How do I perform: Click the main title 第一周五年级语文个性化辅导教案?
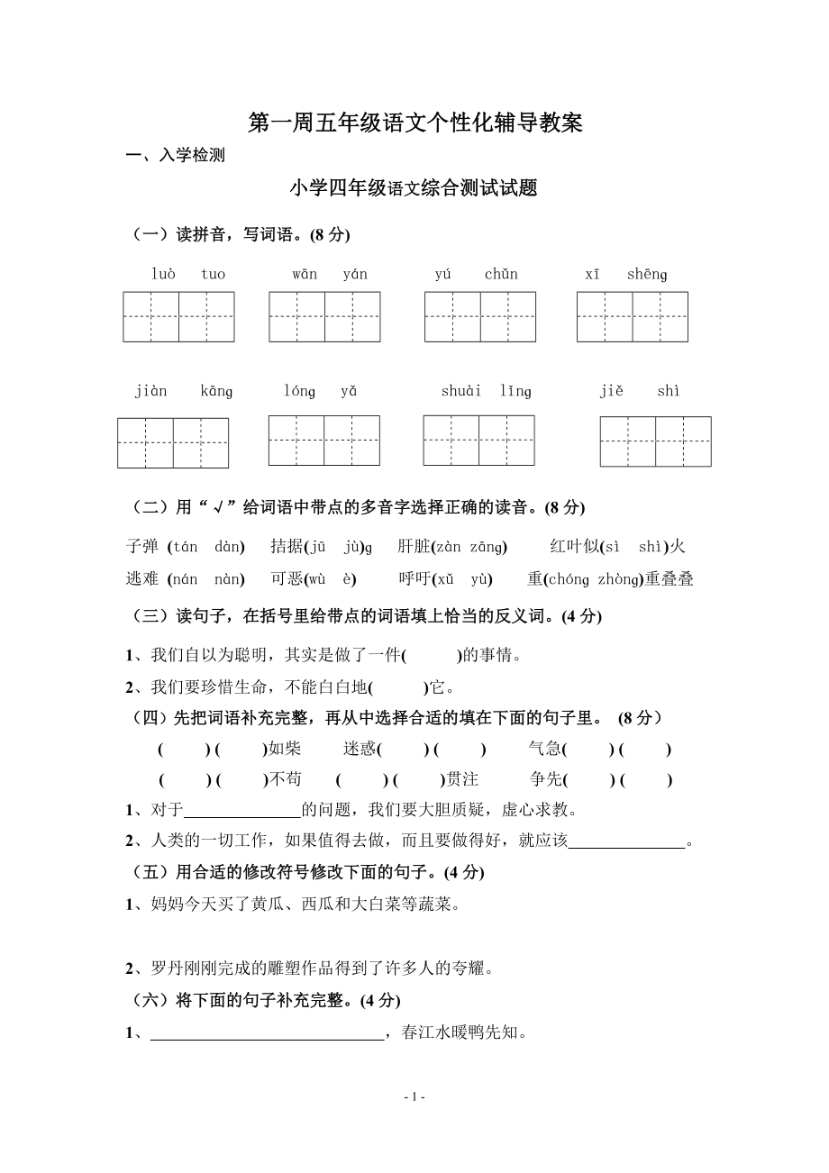tap(415, 123)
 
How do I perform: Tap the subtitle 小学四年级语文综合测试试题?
tap(414, 188)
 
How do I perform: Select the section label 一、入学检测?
tap(176, 155)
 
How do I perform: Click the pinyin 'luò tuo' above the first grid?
tap(187, 274)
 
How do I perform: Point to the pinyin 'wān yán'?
tap(329, 274)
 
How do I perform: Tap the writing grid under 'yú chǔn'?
tap(480, 317)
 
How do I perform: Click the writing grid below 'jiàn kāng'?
tap(173, 443)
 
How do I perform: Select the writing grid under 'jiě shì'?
tap(655, 441)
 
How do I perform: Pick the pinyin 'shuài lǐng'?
tap(486, 391)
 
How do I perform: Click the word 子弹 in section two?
tap(142, 546)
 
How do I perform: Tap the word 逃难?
tap(142, 579)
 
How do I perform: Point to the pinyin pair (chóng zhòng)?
tap(593, 579)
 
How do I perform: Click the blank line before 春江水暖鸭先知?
tap(267, 1033)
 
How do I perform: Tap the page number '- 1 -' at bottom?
tap(414, 1096)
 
